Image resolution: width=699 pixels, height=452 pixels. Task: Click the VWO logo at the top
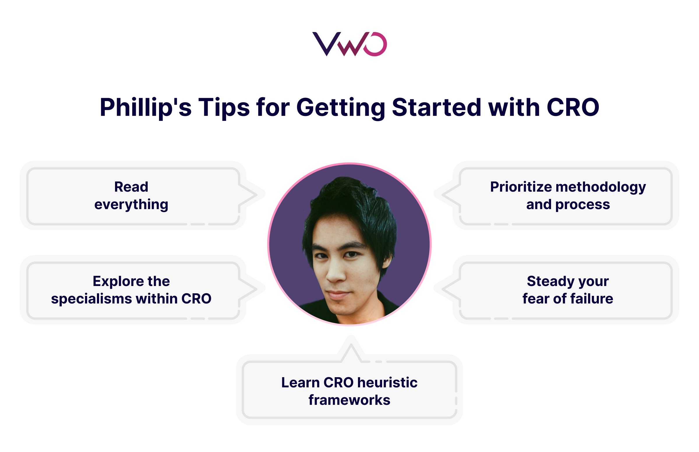tap(349, 44)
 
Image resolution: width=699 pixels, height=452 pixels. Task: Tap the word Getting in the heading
tap(340, 107)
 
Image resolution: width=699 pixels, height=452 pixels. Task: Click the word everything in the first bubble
tap(131, 204)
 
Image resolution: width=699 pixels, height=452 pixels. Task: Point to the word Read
tap(131, 187)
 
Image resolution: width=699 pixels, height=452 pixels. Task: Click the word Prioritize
tap(520, 187)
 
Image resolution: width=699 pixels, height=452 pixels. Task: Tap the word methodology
tap(600, 187)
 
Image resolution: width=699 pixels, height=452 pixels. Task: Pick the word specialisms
tap(91, 299)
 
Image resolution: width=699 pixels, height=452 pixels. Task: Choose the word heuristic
tap(387, 382)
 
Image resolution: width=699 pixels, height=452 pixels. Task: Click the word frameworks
tap(349, 400)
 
